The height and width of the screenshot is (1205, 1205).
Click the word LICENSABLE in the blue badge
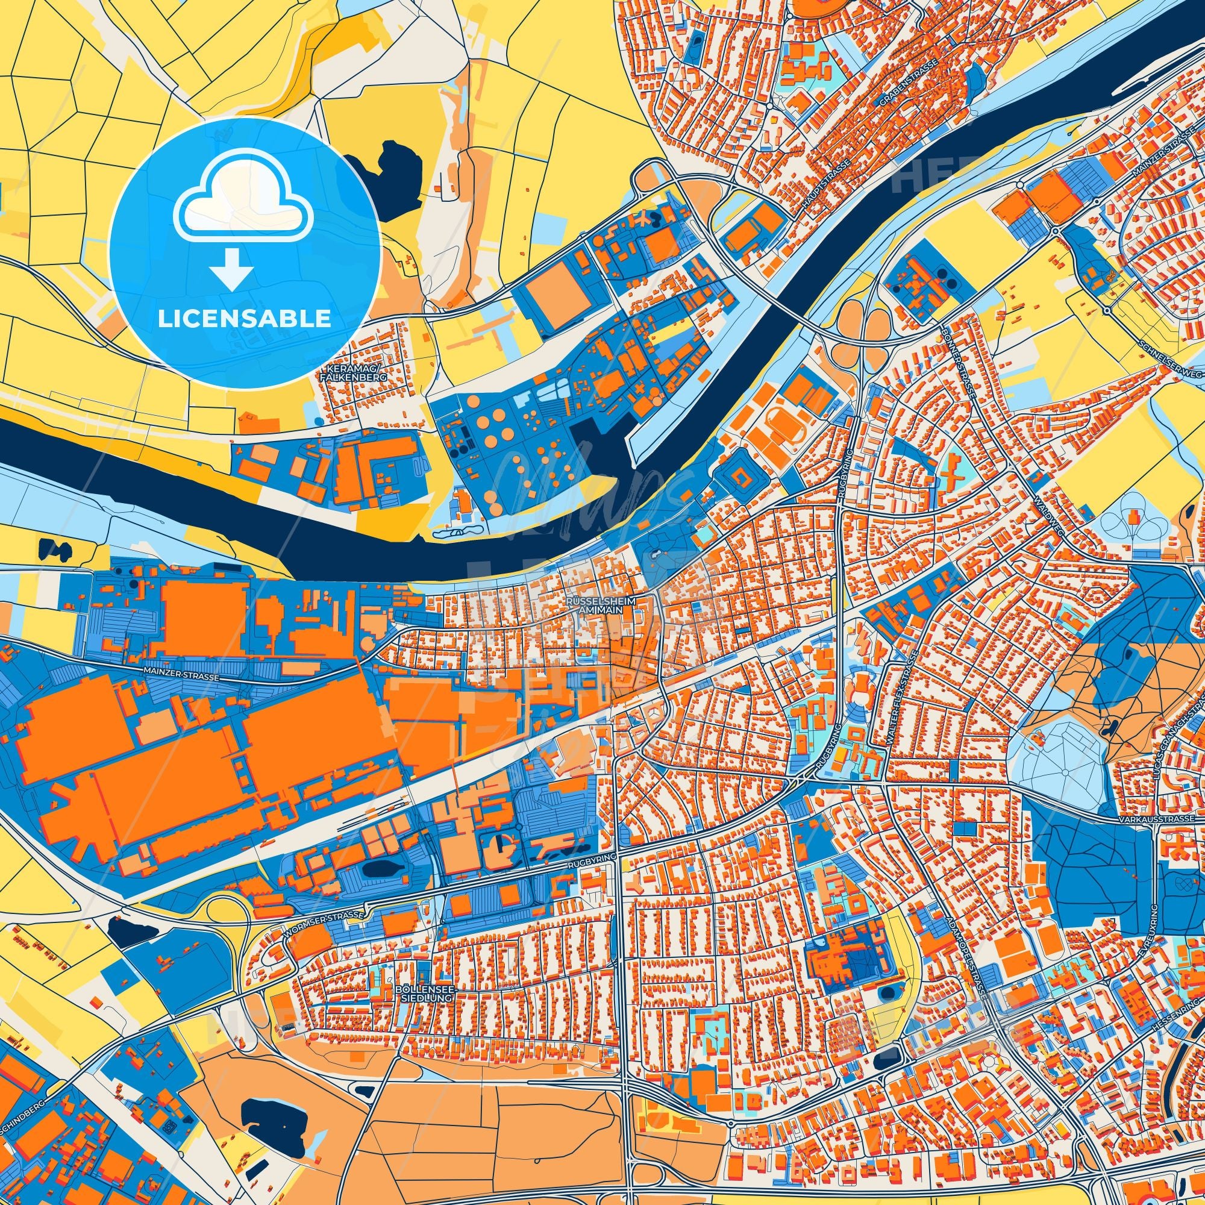tap(244, 319)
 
